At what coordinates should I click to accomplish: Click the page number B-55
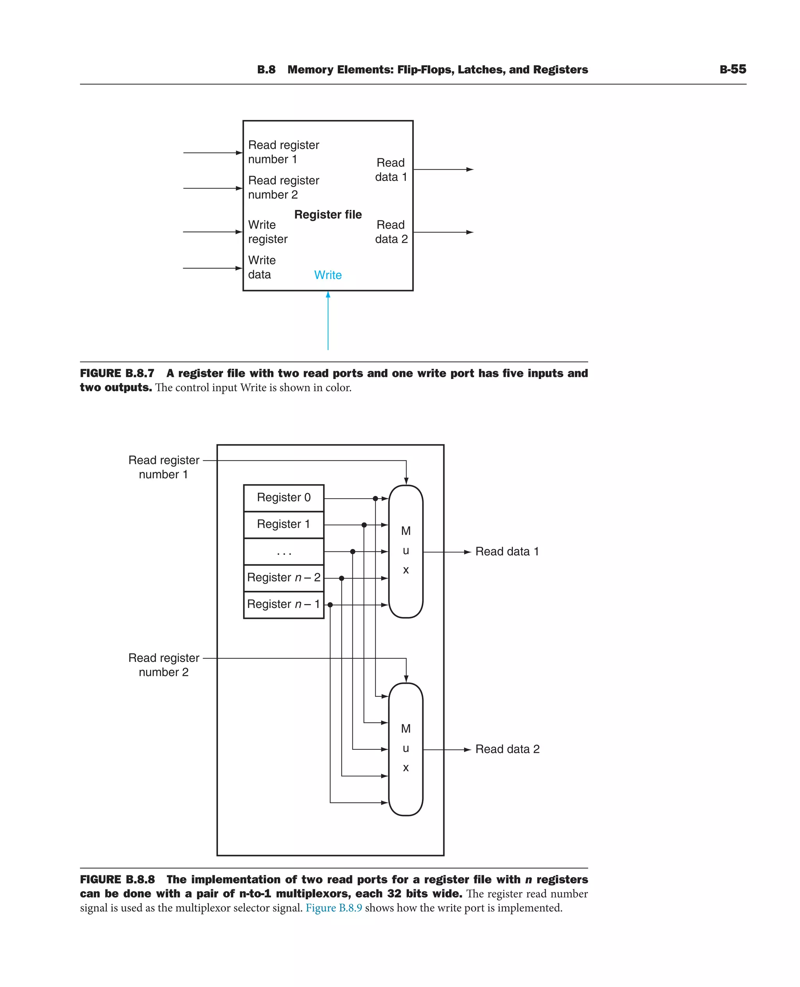[x=733, y=69]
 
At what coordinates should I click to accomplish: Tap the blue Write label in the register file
[x=328, y=275]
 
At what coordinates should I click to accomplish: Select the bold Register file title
[x=328, y=215]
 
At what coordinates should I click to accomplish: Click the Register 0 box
[x=284, y=498]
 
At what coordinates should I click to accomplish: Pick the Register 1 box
[x=284, y=525]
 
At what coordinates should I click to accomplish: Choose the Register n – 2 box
[x=284, y=578]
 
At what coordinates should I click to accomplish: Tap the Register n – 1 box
[x=284, y=604]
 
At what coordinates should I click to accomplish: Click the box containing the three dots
[x=284, y=551]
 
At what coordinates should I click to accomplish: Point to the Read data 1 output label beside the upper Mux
[x=507, y=552]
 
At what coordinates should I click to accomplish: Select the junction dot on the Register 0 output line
[x=375, y=498]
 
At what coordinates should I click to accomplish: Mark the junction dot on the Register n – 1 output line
[x=330, y=605]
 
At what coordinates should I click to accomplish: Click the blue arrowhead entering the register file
[x=328, y=295]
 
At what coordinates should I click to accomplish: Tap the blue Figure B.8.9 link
[x=334, y=908]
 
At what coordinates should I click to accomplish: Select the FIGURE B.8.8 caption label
[x=117, y=879]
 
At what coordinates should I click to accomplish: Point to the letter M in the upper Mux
[x=405, y=531]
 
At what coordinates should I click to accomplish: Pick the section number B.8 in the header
[x=266, y=70]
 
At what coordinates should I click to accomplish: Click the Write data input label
[x=262, y=267]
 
